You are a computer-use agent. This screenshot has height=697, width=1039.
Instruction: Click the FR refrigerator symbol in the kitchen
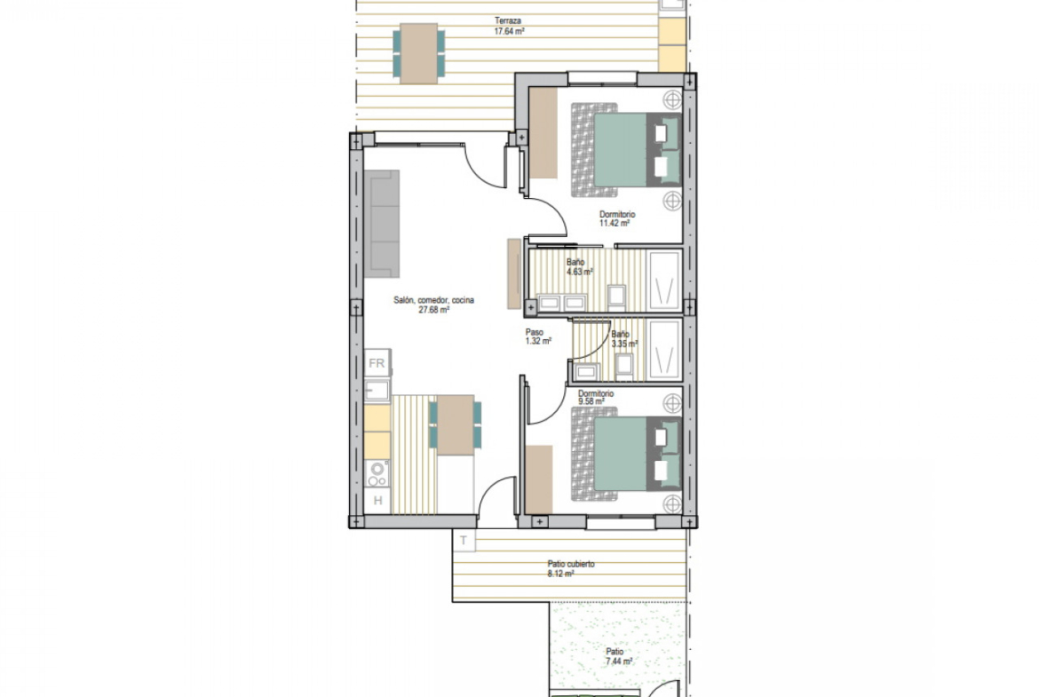click(x=377, y=363)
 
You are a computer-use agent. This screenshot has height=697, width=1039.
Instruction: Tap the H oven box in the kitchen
click(x=377, y=500)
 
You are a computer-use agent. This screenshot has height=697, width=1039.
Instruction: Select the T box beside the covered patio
click(x=464, y=541)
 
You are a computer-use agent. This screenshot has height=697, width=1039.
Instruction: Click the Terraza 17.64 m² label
click(x=509, y=26)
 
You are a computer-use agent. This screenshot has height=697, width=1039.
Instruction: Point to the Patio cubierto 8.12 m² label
click(x=570, y=568)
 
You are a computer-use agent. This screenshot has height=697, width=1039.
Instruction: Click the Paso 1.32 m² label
click(x=537, y=337)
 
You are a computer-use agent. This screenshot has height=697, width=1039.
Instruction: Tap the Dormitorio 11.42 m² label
click(x=617, y=218)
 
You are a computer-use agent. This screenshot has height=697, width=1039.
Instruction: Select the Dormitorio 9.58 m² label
click(x=595, y=397)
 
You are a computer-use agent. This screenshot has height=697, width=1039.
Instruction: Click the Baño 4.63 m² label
click(x=579, y=267)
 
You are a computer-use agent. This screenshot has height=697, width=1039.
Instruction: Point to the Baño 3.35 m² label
click(x=624, y=339)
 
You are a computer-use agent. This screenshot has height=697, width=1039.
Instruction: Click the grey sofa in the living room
click(x=382, y=224)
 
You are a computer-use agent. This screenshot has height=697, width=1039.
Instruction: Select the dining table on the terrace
click(x=419, y=53)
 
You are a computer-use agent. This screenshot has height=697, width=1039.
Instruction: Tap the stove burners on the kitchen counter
click(x=377, y=474)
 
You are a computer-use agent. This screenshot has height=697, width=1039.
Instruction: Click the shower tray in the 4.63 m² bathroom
click(x=664, y=281)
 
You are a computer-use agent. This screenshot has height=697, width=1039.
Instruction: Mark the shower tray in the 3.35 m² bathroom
click(x=664, y=351)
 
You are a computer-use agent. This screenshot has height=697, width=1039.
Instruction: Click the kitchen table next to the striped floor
click(x=456, y=424)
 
